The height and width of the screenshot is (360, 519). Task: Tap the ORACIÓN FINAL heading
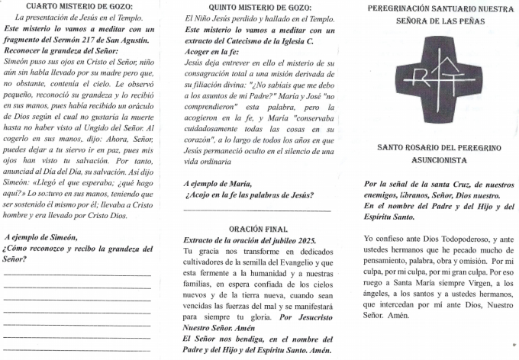(258, 229)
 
